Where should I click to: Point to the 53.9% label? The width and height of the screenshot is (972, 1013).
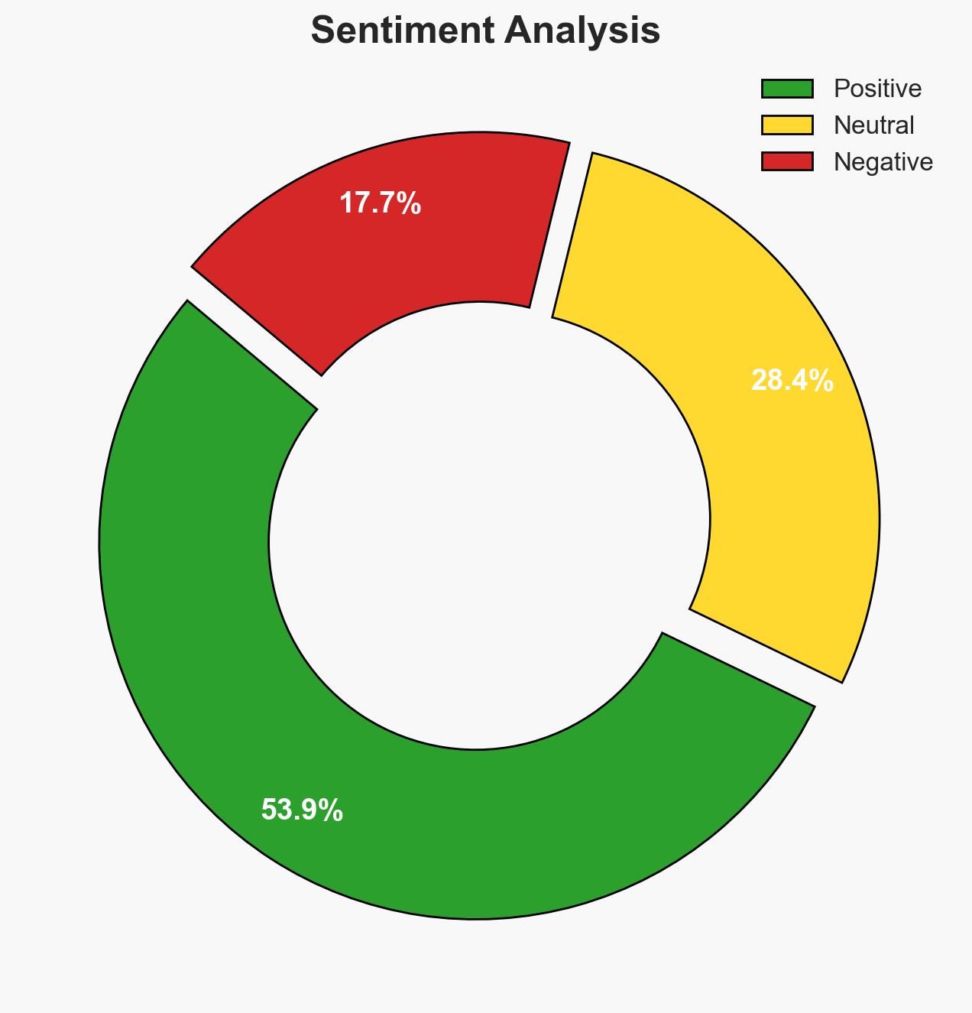(302, 810)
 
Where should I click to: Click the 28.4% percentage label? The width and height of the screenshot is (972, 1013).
(792, 381)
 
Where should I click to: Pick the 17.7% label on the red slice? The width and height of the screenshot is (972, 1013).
(380, 203)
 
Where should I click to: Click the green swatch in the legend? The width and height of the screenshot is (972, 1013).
(786, 89)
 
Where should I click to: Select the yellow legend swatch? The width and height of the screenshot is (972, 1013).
(786, 125)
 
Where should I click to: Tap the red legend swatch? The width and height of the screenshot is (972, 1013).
(786, 161)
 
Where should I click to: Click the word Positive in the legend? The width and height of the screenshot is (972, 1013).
(877, 89)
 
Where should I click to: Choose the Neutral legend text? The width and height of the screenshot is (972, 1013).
(873, 125)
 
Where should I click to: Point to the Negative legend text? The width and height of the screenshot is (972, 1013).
(883, 161)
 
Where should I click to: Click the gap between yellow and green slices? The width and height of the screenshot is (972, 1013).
(753, 654)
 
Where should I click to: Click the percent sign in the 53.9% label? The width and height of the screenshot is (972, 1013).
(331, 810)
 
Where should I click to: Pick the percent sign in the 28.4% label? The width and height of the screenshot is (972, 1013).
(821, 381)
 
